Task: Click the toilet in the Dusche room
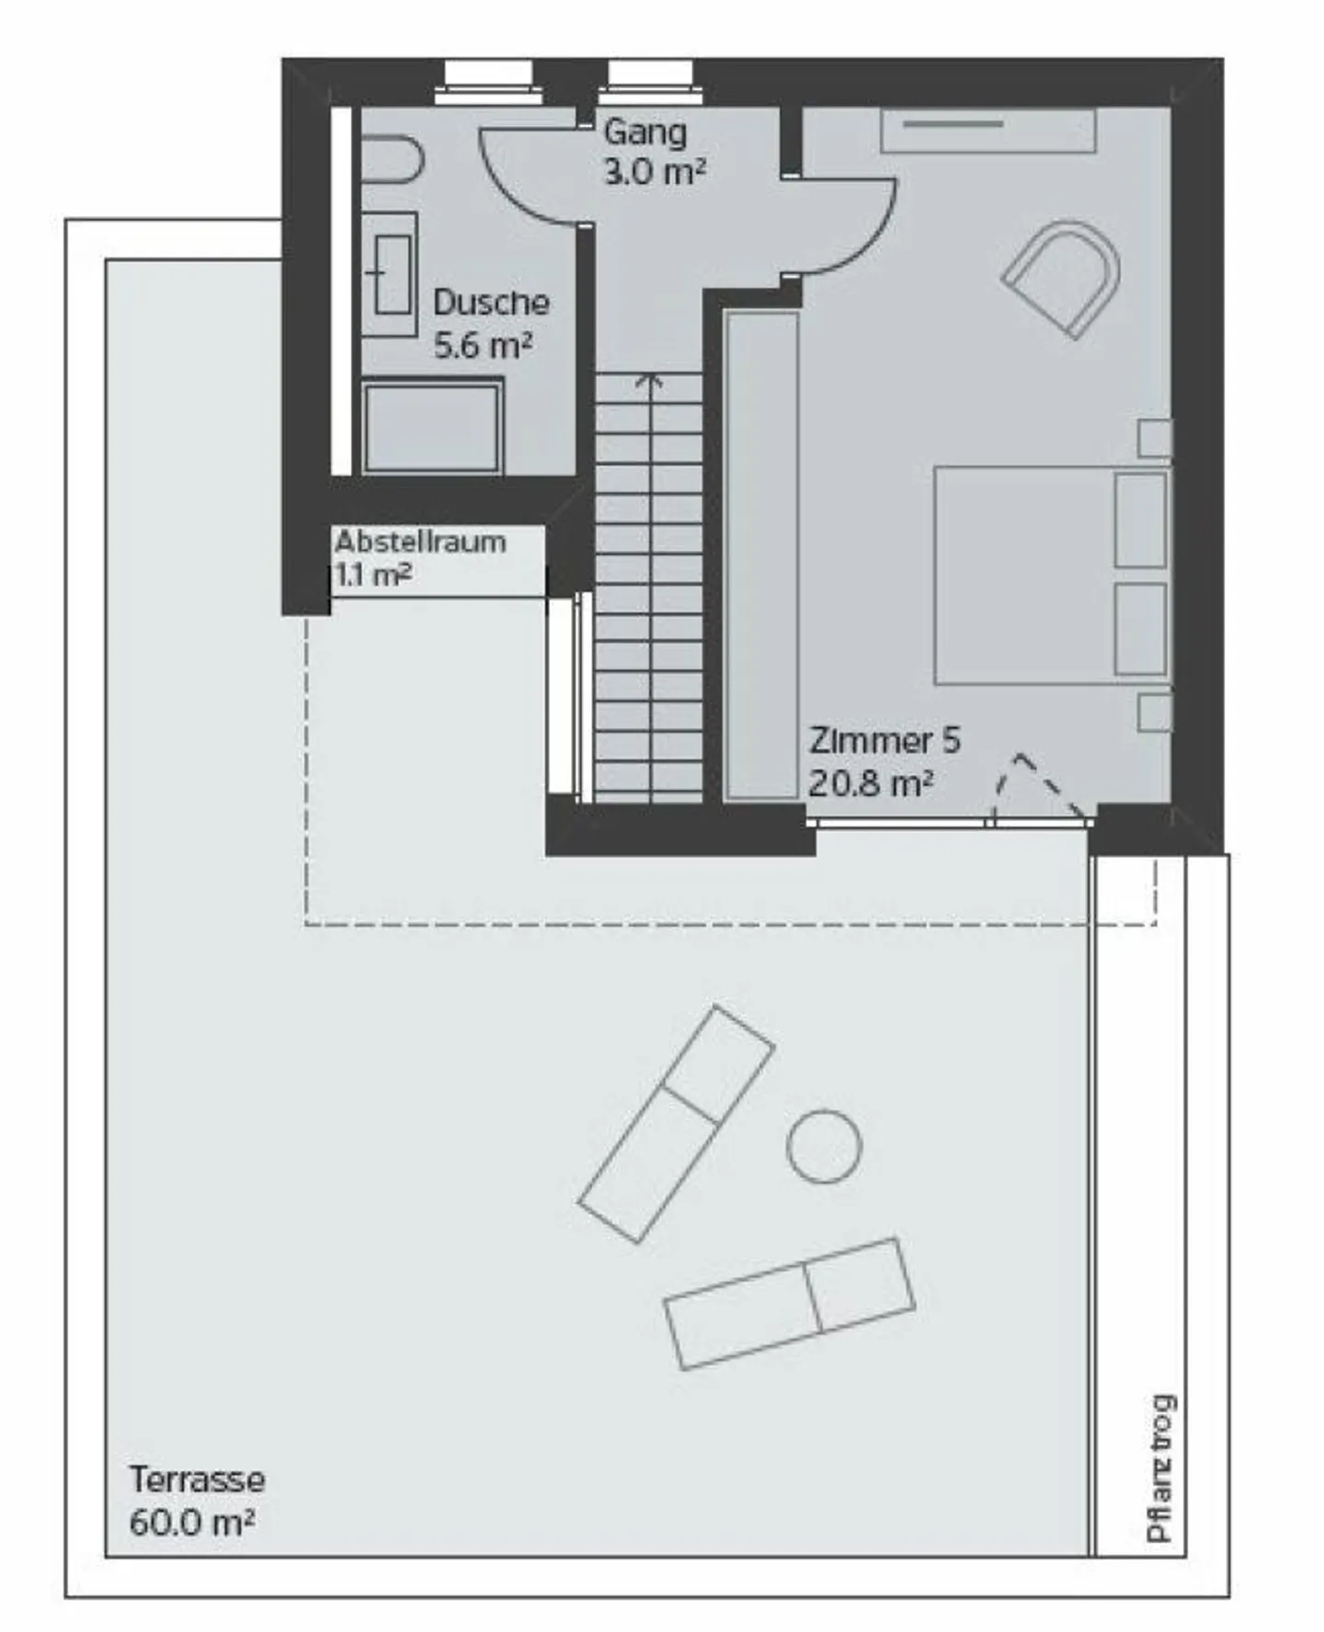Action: pos(390,160)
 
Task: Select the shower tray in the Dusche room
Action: pos(431,428)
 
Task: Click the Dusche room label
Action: pos(491,302)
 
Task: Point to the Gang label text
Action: pos(645,131)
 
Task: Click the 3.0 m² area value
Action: pos(655,172)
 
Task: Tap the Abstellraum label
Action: pos(420,542)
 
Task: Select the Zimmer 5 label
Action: pos(885,740)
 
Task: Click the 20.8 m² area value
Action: pos(871,783)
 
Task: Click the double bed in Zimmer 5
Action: pos(1052,575)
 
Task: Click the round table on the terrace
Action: pos(825,1146)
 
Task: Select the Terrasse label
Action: pos(197,1479)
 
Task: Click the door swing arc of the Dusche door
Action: pos(515,193)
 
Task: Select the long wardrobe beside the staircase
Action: pos(761,555)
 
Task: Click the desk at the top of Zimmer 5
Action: pos(988,131)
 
